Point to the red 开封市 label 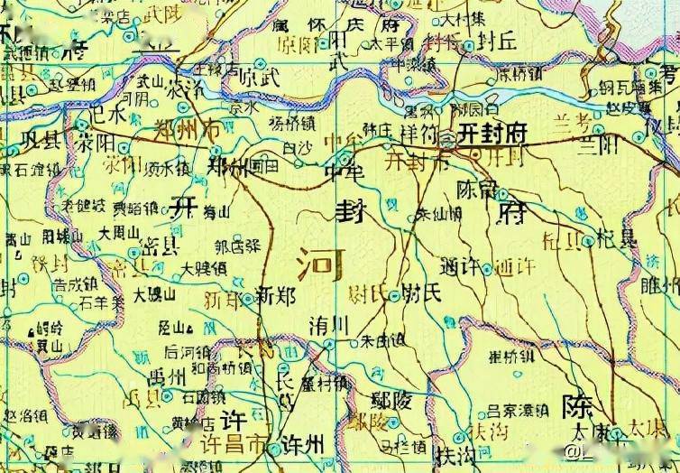coord(415,163)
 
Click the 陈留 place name coord(477,190)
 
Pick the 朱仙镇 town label coord(438,215)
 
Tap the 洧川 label coord(327,324)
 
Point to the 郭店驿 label coord(236,245)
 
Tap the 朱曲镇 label coord(382,341)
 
